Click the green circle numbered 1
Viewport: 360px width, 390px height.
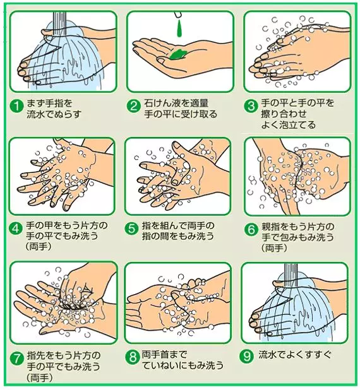point(16,107)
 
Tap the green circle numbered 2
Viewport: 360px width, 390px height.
point(134,107)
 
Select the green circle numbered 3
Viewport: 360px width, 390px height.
point(251,107)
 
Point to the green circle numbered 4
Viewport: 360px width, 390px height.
point(15,228)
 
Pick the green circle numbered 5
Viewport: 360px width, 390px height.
point(132,228)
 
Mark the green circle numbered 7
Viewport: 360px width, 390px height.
point(16,360)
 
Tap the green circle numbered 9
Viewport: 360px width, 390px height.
point(247,356)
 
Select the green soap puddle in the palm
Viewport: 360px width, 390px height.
point(178,54)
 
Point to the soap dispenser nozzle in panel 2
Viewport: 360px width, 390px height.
point(178,15)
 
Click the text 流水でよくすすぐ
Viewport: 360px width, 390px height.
point(295,355)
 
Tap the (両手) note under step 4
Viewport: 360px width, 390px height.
point(39,246)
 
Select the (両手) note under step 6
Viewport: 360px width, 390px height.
point(274,248)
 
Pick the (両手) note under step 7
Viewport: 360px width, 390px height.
point(40,377)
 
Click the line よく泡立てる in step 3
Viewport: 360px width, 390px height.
point(288,124)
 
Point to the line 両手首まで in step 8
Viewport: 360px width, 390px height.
point(164,355)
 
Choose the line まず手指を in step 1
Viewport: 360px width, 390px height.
point(49,103)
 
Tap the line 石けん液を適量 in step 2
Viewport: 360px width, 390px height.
point(176,103)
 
